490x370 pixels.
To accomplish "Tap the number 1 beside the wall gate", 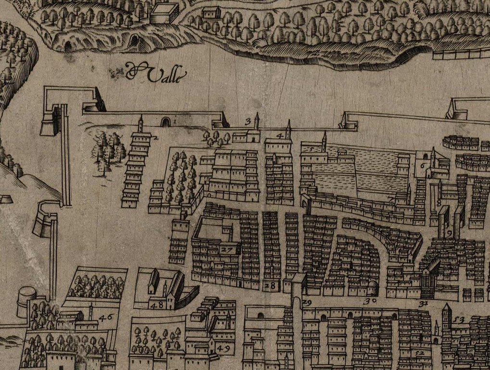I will (175, 123).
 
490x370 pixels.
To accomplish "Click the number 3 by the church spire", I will (249, 121).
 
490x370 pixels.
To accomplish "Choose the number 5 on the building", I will (311, 150).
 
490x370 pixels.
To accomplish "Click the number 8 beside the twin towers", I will (439, 203).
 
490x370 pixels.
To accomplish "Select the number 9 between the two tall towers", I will (449, 233).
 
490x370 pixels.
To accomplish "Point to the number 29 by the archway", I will (307, 303).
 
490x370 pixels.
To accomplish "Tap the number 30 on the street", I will (370, 302).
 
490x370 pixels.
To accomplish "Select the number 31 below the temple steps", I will (423, 304).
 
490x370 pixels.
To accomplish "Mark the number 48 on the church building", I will (156, 305).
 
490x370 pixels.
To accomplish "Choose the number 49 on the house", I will (223, 348).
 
